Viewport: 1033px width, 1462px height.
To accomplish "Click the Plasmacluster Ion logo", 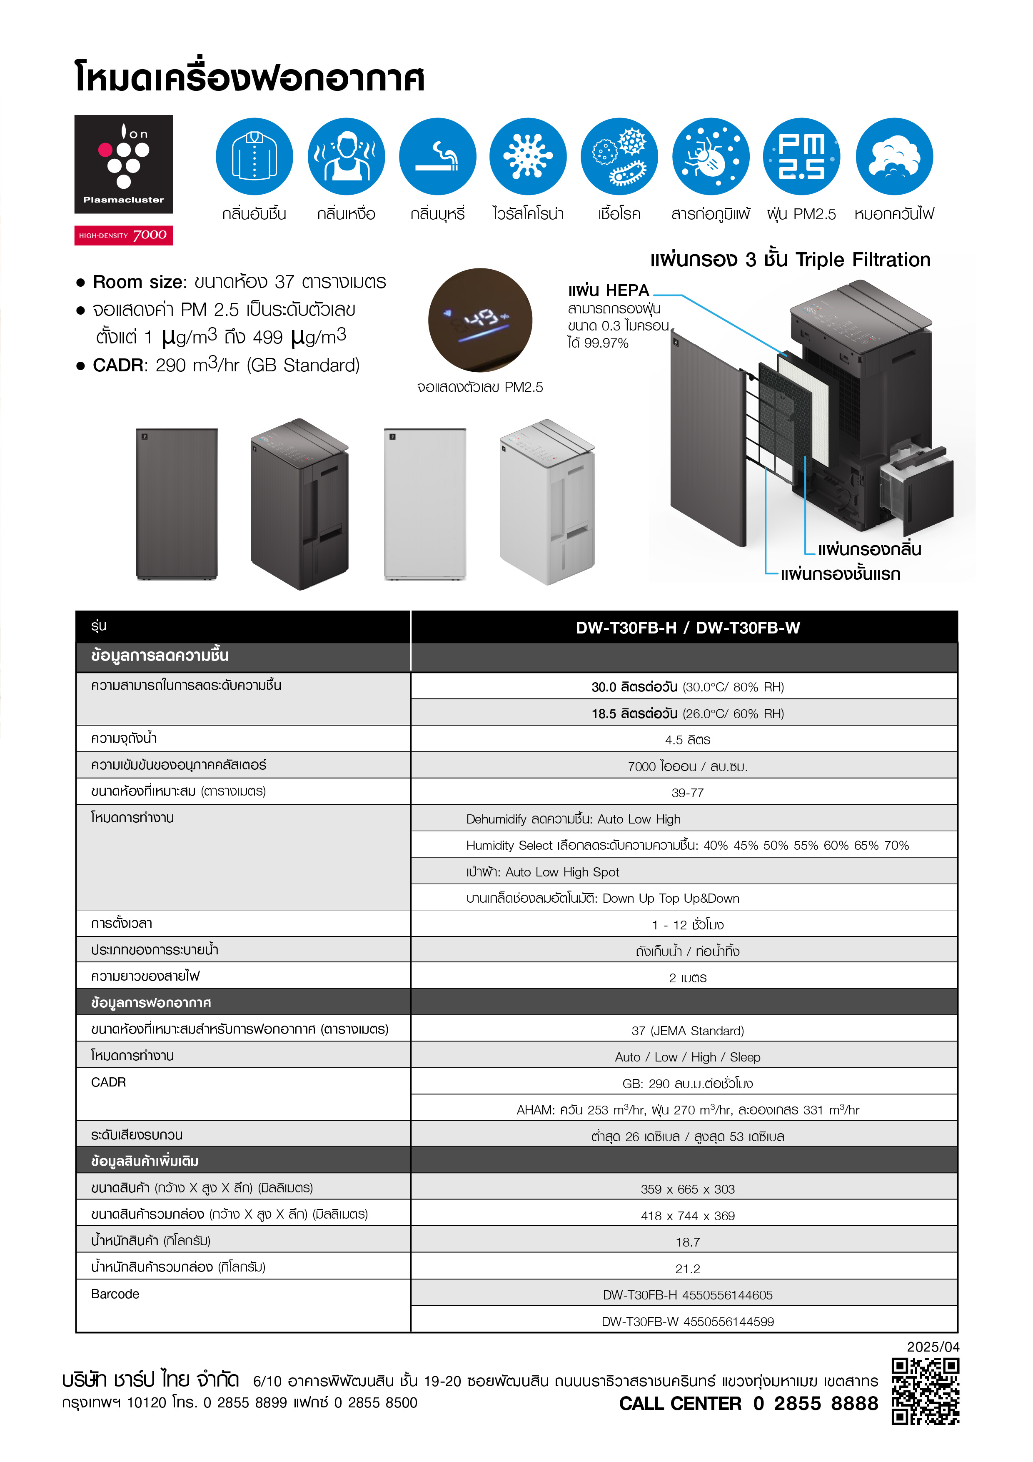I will pos(123,164).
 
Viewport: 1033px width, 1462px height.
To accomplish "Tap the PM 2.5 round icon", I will pos(801,157).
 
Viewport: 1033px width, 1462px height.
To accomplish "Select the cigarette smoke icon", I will pos(437,157).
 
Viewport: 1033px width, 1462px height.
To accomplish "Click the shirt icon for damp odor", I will pos(254,157).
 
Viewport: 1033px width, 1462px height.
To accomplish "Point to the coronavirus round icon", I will pos(528,157).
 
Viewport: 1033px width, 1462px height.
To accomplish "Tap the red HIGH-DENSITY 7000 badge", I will pos(123,235).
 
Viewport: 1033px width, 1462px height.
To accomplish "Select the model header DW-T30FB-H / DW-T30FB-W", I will pos(687,628).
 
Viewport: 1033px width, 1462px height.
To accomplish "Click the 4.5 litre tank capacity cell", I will pos(687,739).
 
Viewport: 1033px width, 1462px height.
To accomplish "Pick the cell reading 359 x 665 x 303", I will pos(687,1189).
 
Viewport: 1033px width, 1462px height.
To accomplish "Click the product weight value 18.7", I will pos(687,1242).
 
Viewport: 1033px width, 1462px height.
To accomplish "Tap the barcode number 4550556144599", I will pos(728,1321).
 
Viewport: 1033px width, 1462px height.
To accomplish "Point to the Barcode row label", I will pos(115,1294).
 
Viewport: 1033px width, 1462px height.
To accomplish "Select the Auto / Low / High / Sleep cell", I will pos(687,1057).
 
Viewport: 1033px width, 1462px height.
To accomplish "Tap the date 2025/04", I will pos(933,1347).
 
